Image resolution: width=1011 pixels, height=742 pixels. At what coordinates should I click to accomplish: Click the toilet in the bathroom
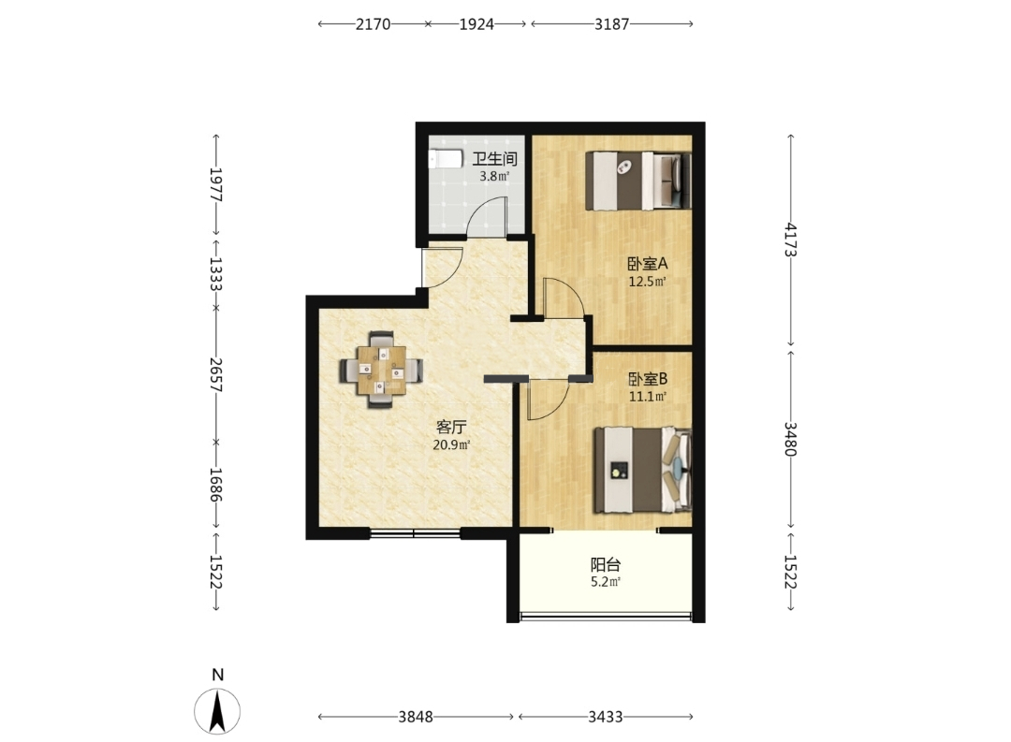446,159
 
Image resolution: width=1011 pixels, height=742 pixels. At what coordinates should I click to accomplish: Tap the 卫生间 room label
494,158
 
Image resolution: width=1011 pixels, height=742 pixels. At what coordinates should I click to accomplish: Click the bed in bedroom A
638,181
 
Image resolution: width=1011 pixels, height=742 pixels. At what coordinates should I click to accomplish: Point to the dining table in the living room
382,370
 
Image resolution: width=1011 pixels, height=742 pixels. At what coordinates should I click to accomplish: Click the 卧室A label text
648,264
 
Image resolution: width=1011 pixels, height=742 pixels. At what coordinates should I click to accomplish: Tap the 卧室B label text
648,378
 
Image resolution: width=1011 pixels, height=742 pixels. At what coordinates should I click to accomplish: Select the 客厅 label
451,427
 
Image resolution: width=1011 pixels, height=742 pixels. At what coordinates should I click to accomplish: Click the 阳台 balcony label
606,565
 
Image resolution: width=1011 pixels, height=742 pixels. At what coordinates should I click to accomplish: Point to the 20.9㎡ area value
451,444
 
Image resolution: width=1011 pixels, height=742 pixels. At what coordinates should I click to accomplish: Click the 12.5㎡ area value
648,282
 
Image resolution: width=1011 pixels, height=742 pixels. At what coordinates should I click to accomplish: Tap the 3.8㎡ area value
494,176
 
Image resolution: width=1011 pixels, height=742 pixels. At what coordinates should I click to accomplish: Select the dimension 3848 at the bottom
416,716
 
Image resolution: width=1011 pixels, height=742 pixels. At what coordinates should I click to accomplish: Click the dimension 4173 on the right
791,240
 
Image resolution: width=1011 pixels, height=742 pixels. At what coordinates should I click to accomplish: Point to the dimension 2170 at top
374,23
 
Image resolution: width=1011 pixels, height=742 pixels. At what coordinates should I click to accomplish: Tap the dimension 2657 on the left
216,375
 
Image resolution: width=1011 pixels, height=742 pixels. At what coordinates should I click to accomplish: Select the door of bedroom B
547,400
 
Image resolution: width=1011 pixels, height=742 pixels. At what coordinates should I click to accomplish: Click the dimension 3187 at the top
612,23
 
